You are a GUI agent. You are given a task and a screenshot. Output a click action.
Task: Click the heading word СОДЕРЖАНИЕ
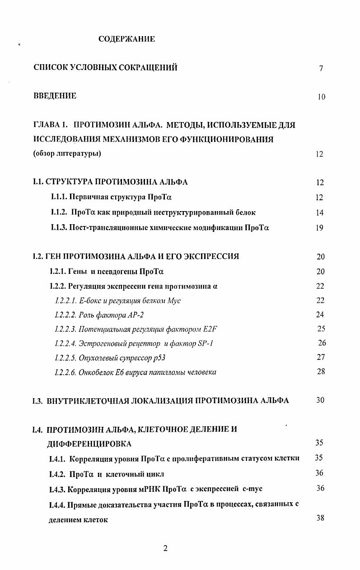[x=126, y=39]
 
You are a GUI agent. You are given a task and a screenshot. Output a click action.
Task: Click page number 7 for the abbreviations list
[x=321, y=69]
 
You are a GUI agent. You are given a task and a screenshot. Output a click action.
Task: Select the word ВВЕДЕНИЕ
[x=55, y=96]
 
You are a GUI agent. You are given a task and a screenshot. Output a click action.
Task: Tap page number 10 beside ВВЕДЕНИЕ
[x=321, y=97]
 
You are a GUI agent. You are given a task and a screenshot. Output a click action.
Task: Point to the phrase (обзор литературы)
[x=67, y=154]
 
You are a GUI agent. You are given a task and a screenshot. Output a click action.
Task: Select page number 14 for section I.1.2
[x=320, y=213]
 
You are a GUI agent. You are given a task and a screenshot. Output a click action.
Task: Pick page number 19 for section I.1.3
[x=320, y=228]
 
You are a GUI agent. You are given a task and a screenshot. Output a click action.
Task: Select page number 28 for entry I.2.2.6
[x=321, y=372]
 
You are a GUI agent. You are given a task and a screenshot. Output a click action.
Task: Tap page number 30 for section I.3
[x=320, y=400]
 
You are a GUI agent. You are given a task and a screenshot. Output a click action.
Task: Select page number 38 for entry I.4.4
[x=320, y=518]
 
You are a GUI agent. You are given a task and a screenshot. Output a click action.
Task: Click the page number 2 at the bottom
[x=165, y=548]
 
